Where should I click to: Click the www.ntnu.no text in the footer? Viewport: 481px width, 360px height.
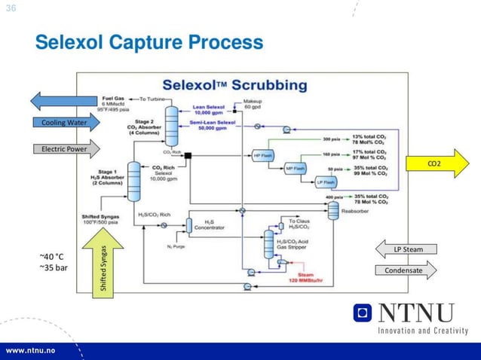[x=35, y=352]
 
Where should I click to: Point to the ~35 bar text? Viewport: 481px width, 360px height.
[x=53, y=267]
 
